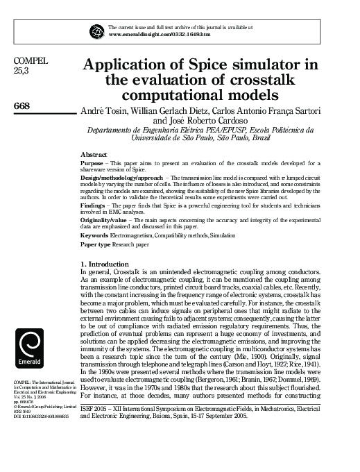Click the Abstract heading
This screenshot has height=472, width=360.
[x=94, y=154]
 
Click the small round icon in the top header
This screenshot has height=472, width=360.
[x=96, y=31]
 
